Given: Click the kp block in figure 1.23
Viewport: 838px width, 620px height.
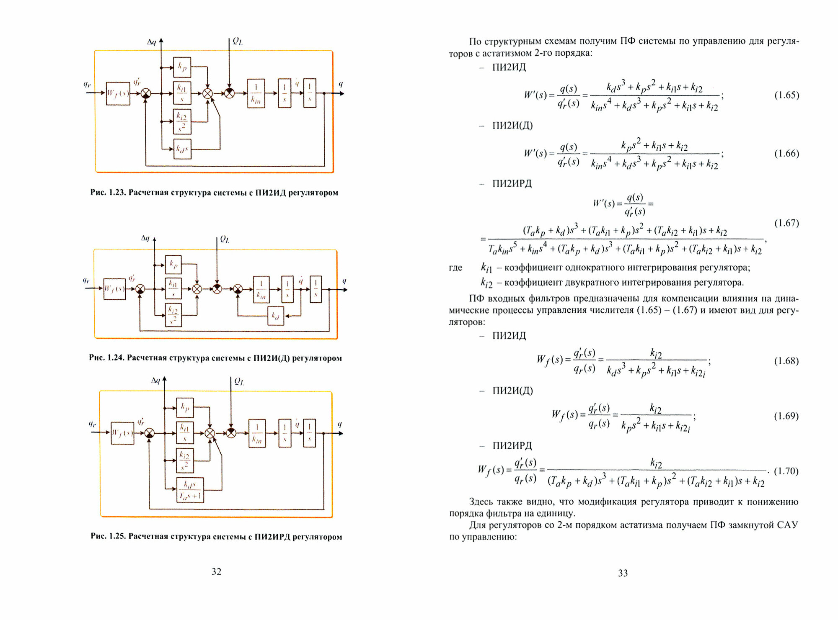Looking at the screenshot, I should (x=182, y=67).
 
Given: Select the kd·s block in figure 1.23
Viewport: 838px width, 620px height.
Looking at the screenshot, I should (x=182, y=149).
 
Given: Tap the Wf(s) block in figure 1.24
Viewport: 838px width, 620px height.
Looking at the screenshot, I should (x=114, y=289).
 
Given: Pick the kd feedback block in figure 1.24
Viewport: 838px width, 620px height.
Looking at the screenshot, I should (x=276, y=316).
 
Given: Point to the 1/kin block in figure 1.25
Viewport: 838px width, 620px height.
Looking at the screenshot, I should (x=257, y=433).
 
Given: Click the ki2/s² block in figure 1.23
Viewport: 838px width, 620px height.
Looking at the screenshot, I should (x=182, y=121).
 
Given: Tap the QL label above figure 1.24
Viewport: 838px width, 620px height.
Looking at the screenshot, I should (x=225, y=239).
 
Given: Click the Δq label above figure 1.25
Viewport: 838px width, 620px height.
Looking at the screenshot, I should (x=155, y=381).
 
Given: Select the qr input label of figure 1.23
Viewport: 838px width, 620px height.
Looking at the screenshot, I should (x=87, y=85).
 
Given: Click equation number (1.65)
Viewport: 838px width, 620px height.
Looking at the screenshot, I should (x=786, y=95).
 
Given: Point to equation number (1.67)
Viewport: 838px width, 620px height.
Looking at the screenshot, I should (x=786, y=223).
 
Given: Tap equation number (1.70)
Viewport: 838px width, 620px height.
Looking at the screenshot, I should (x=786, y=471).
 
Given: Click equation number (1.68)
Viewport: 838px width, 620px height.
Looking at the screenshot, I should (x=786, y=361).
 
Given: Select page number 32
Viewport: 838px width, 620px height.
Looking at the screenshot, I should (x=216, y=572).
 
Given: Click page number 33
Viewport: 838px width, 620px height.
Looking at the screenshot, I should (x=623, y=573).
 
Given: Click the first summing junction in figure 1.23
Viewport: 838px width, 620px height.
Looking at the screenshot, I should (x=145, y=93).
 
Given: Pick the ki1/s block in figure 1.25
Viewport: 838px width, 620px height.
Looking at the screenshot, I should (x=184, y=433).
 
